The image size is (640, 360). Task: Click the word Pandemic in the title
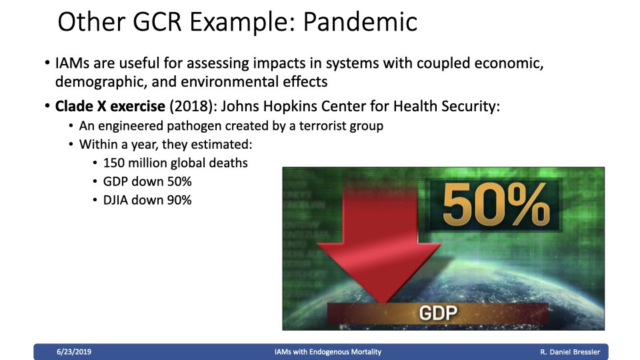pos(361,21)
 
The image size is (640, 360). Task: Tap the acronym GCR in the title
pos(157,21)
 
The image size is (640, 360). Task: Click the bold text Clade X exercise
pos(110,106)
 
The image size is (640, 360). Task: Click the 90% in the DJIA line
pos(179,200)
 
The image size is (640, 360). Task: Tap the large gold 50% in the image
pos(496,204)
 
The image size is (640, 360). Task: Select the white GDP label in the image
pos(438,313)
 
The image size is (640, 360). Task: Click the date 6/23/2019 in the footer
pos(74,352)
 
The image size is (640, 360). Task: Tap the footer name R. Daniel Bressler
pos(570,352)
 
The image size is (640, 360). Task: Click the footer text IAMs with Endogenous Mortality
pos(328,352)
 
